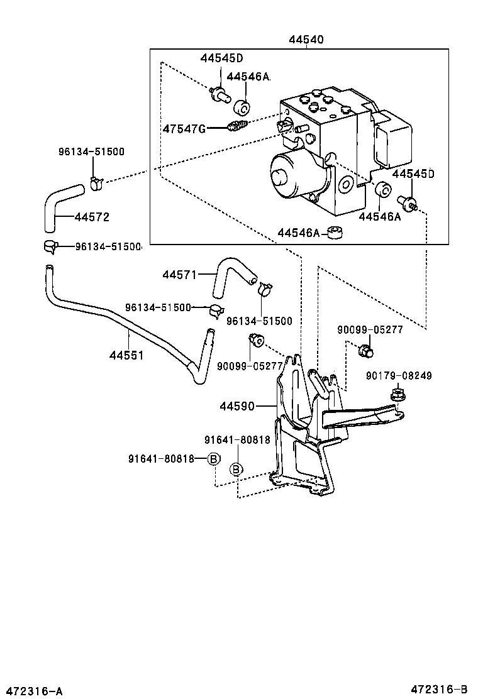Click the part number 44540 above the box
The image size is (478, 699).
(306, 40)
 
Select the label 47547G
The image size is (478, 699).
(184, 129)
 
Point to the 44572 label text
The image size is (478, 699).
(92, 217)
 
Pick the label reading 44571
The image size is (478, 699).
(180, 275)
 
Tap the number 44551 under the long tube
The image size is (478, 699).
(126, 355)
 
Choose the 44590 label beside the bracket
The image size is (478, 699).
(237, 406)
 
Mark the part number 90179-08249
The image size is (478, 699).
(399, 376)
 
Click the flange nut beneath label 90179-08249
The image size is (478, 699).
(397, 395)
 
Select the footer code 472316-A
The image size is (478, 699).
(32, 691)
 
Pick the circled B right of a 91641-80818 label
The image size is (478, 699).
(213, 459)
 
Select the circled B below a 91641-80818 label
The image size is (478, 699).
(236, 469)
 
